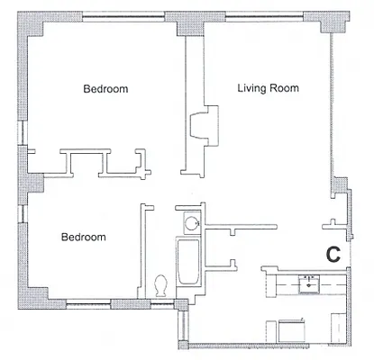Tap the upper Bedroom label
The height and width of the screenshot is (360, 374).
tap(105, 89)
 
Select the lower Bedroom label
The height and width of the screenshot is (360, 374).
tap(83, 238)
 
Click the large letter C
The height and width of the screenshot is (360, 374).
tap(333, 255)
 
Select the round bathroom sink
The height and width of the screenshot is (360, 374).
tap(191, 224)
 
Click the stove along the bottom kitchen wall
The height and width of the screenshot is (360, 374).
tap(288, 331)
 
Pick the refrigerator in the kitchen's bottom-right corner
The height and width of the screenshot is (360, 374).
tap(336, 329)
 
